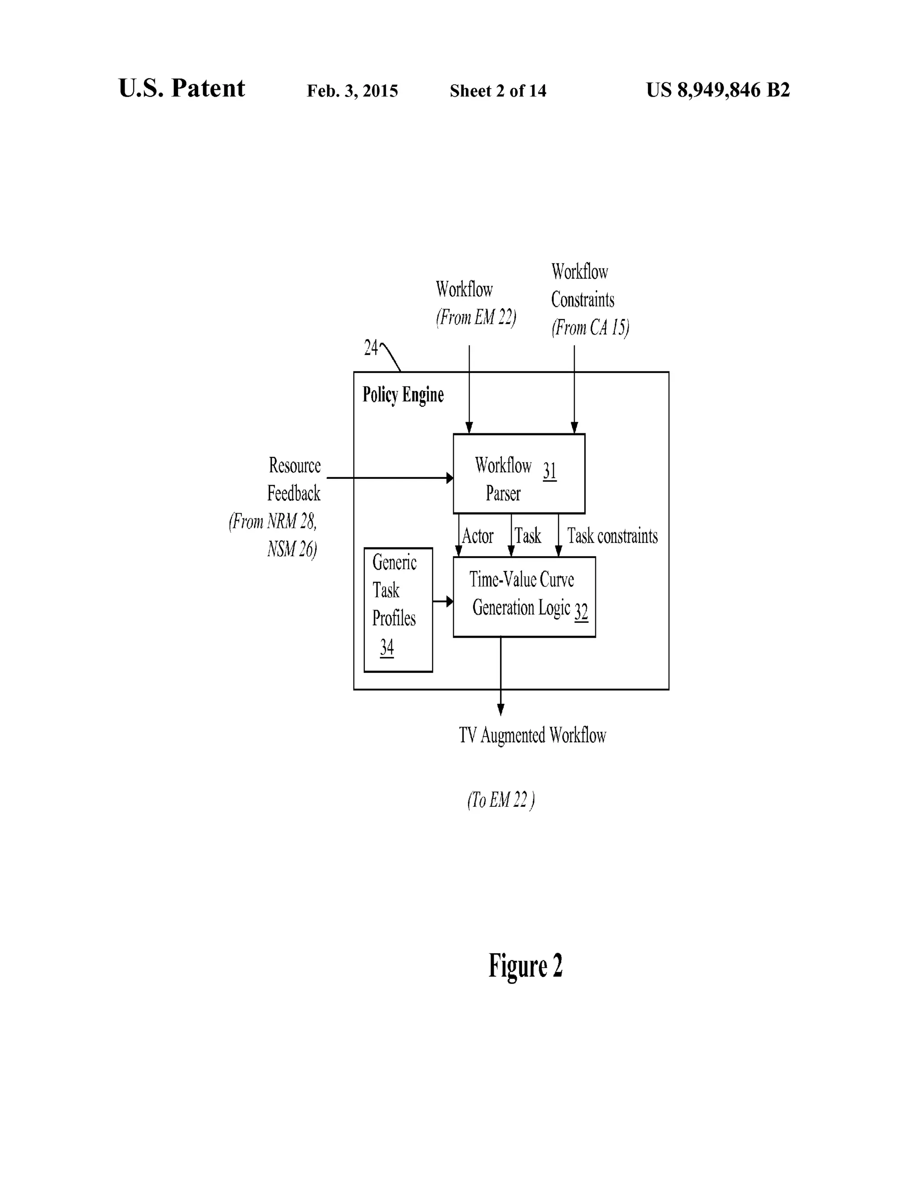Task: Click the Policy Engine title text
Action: [x=403, y=395]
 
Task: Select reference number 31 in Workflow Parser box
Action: [x=549, y=471]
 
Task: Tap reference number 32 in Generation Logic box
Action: [x=581, y=612]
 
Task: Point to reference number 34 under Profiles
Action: [x=387, y=647]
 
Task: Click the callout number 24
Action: [x=371, y=347]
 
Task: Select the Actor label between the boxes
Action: [x=477, y=536]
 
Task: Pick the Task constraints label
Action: [x=612, y=536]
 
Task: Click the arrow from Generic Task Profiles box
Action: [x=443, y=601]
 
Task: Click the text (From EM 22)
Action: [x=476, y=317]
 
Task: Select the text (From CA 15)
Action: [x=590, y=328]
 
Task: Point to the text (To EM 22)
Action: [x=501, y=800]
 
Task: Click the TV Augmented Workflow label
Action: [x=532, y=735]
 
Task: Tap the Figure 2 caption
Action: [x=525, y=966]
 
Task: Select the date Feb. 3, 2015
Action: [x=352, y=91]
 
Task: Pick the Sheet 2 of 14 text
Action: [x=498, y=91]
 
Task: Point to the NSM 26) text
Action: [x=292, y=549]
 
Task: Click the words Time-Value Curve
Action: [x=521, y=580]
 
